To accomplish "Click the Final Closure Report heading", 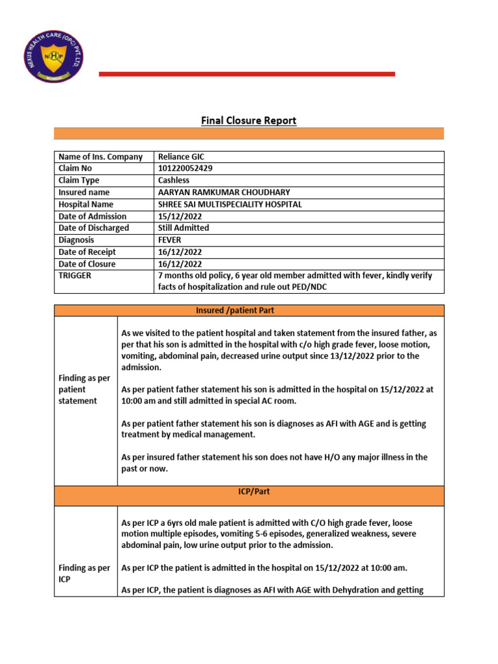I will pos(248,121).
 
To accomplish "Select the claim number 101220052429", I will pos(185,169).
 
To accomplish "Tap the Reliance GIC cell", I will pos(181,156).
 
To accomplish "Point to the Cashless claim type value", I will pos(174,180).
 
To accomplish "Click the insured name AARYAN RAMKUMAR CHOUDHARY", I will pos(224,193).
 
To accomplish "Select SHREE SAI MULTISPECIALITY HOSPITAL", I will pos(230,204).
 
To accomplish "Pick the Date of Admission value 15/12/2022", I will pos(180,217).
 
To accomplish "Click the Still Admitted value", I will pos(184,228).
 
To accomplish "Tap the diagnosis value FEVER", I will pos(171,240).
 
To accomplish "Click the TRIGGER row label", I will pos(75,276).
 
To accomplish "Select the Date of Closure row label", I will pos(87,264).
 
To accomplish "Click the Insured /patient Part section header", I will pos(249,311).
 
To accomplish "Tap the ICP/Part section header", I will pos(249,492).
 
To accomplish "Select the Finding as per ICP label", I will pos(84,574).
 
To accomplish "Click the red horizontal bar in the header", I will pos(246,74).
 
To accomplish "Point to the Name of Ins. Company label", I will pos(101,157).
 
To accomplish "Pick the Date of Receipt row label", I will pos(87,252).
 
